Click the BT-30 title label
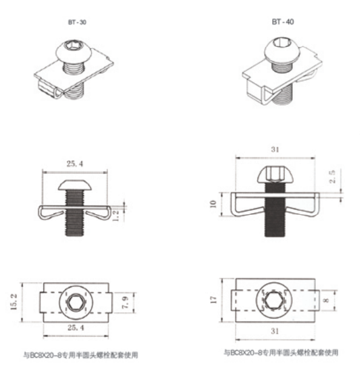click(x=77, y=22)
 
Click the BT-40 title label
click(x=282, y=22)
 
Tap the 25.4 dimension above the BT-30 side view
click(x=75, y=164)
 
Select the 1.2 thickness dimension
click(x=116, y=216)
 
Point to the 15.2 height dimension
click(x=14, y=302)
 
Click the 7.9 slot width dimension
click(x=125, y=303)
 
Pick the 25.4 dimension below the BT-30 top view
click(x=76, y=328)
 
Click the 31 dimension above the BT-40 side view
click(x=275, y=149)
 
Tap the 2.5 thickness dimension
click(x=332, y=176)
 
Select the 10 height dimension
click(x=213, y=204)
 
